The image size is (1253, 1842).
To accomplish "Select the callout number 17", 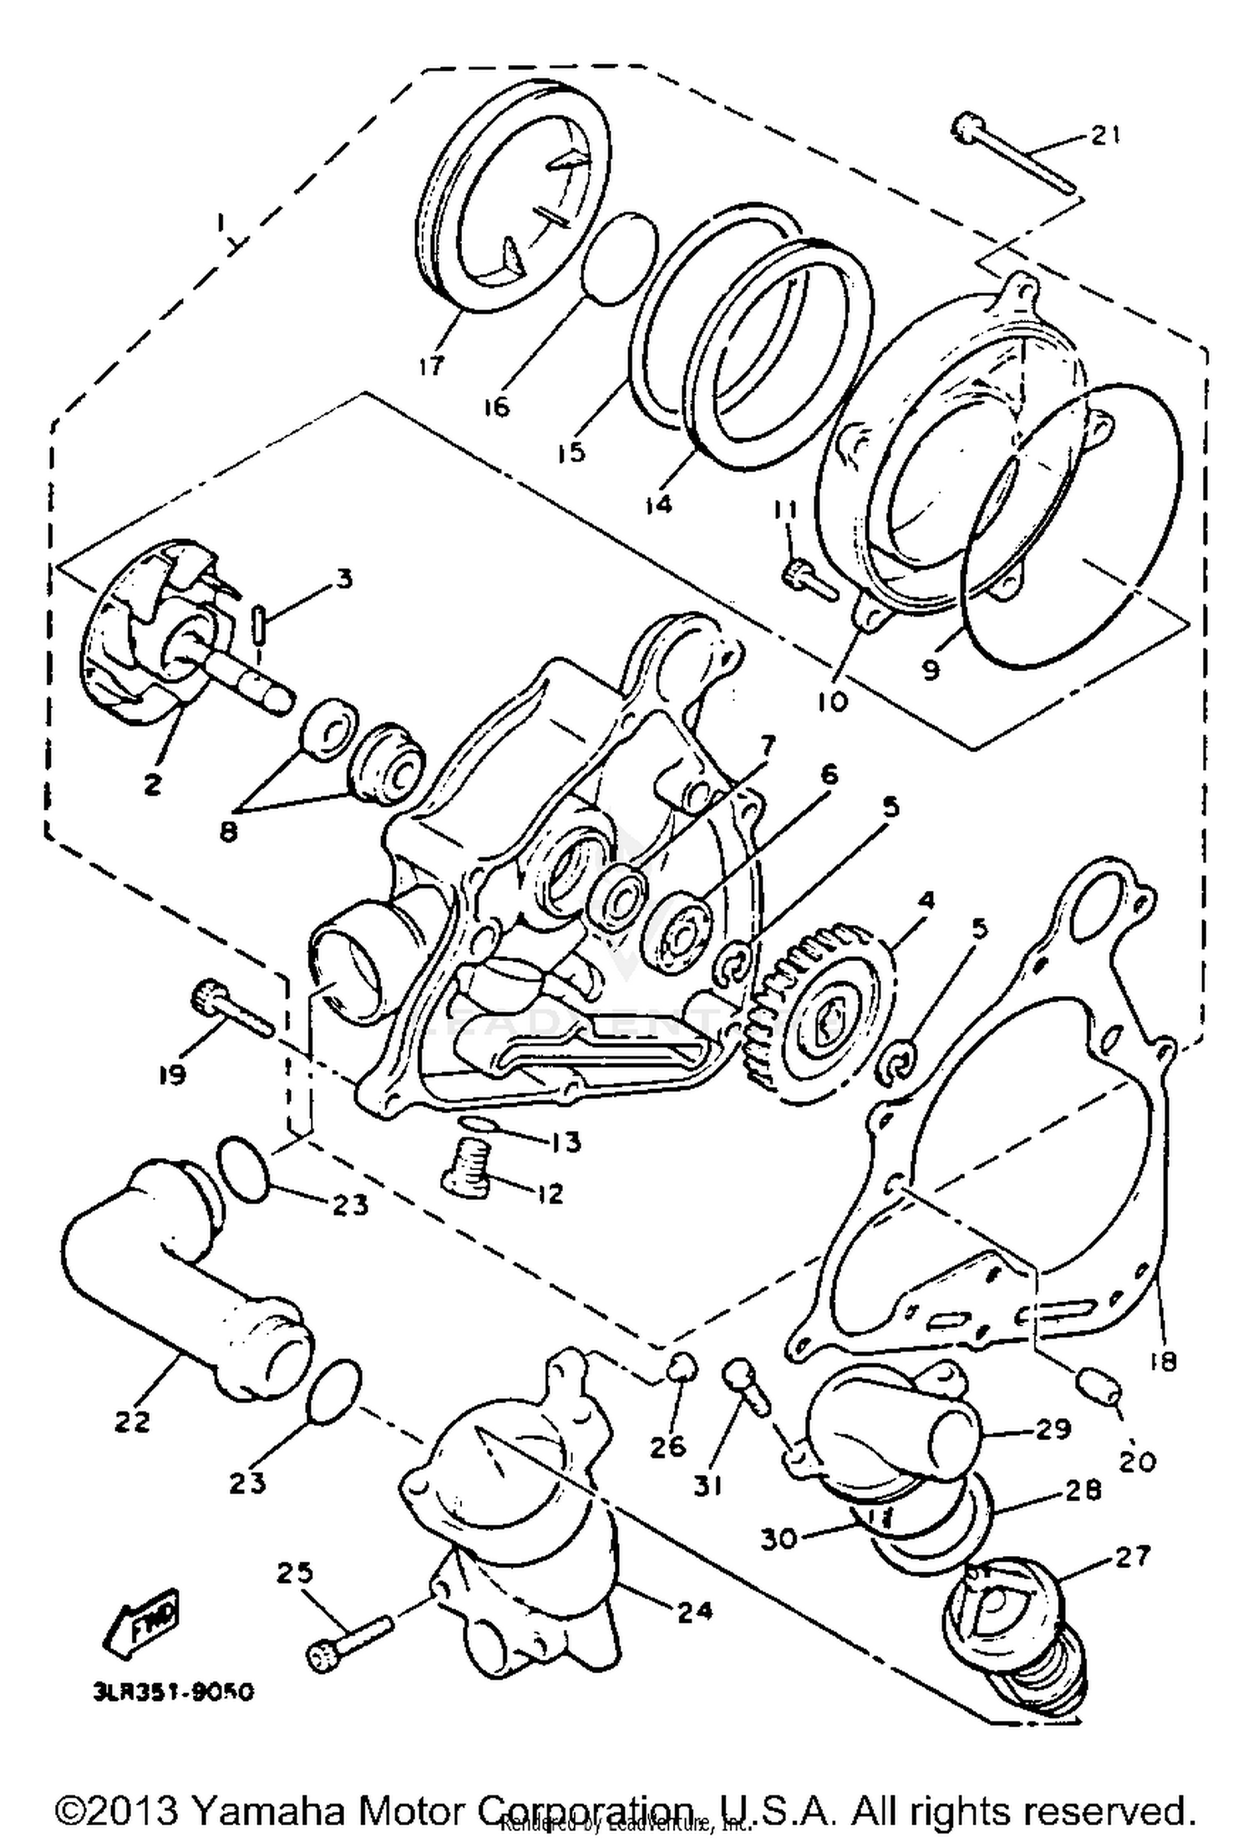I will point(432,366).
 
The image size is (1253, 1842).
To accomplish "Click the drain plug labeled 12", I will point(464,1168).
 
